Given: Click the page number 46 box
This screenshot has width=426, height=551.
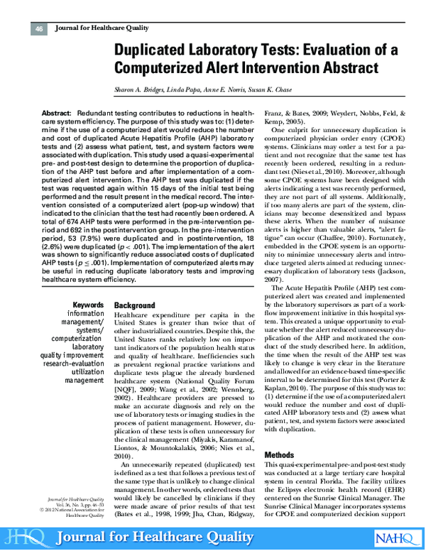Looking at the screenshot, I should pyautogui.click(x=39, y=28).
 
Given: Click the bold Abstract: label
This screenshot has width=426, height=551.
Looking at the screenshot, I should pyautogui.click(x=56, y=114).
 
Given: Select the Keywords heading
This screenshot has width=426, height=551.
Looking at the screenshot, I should pyautogui.click(x=88, y=305).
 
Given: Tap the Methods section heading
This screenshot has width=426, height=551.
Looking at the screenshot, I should pyautogui.click(x=278, y=454).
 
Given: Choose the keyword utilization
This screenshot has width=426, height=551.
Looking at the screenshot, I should pyautogui.click(x=84, y=371).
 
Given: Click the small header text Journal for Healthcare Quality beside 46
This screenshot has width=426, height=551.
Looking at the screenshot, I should pyautogui.click(x=88, y=28).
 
